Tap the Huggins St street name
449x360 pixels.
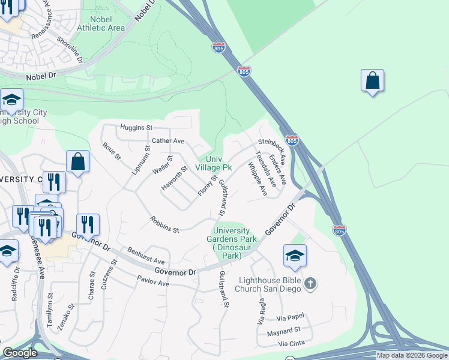point(136,128)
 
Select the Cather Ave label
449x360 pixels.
point(167,141)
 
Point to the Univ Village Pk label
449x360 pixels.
point(214,163)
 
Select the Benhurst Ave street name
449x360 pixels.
point(145,256)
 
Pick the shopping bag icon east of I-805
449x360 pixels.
point(372,81)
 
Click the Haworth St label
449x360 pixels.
point(175,179)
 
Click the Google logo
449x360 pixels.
point(20,353)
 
